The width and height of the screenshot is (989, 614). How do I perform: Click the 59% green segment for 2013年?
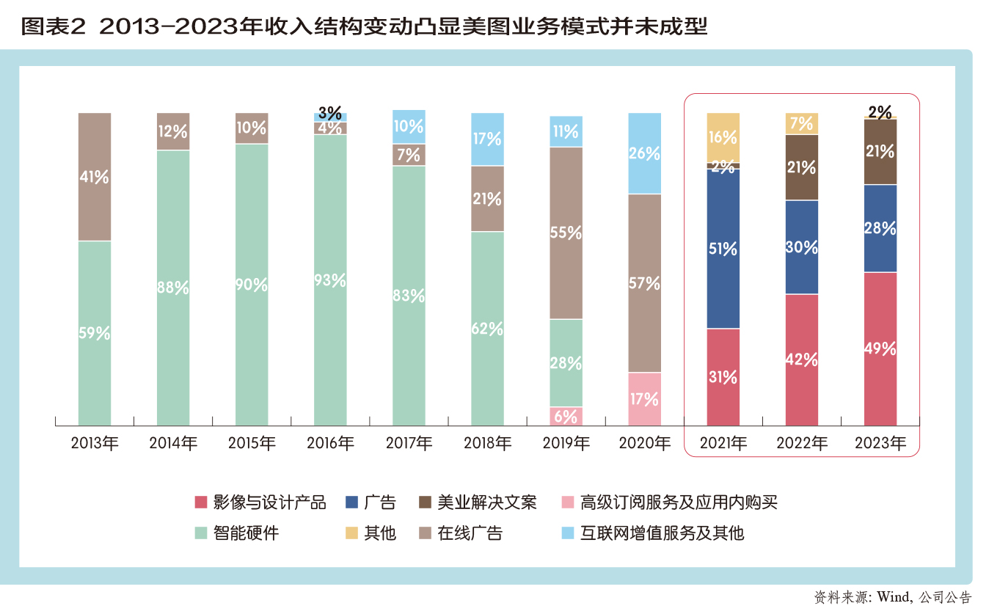(x=94, y=333)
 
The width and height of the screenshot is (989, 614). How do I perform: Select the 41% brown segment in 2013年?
(x=94, y=177)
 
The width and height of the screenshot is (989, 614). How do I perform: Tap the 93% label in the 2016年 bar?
(x=329, y=280)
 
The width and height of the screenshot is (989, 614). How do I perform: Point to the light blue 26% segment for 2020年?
(x=644, y=153)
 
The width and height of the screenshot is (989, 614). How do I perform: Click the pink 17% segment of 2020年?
(x=644, y=399)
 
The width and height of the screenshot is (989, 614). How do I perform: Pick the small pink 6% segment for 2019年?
(x=566, y=417)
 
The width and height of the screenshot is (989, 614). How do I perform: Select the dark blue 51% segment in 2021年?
(x=723, y=249)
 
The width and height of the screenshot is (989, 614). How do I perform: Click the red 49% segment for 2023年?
(x=880, y=348)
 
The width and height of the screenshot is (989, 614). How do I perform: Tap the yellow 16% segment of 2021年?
(x=723, y=137)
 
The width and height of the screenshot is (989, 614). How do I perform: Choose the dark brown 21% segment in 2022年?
(x=801, y=167)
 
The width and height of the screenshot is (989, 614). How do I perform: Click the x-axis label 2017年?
(x=409, y=444)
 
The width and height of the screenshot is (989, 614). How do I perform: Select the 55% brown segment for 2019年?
(x=566, y=233)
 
